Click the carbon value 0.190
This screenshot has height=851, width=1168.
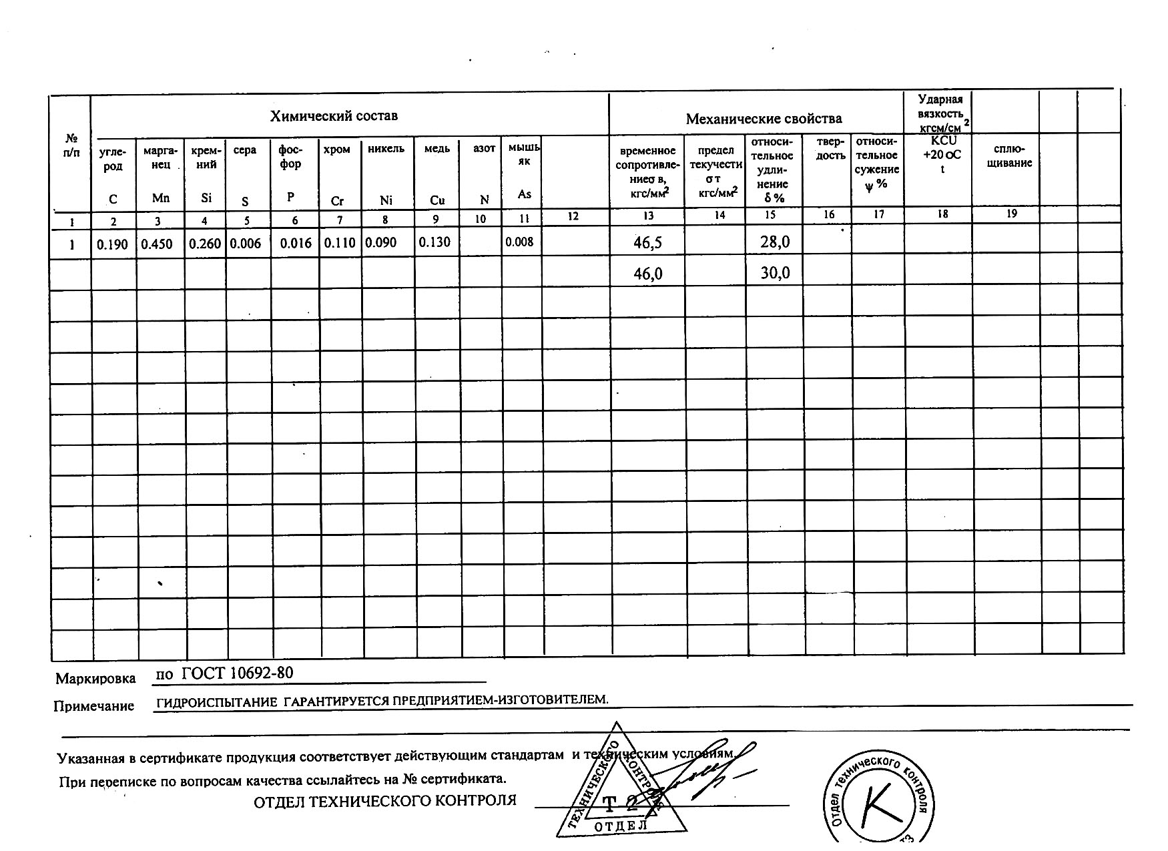click(x=112, y=244)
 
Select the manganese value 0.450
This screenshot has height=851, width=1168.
click(x=158, y=244)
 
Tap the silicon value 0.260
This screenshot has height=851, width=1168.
click(x=204, y=244)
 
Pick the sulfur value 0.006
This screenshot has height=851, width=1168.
click(x=246, y=244)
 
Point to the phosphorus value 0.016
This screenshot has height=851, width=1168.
click(x=296, y=243)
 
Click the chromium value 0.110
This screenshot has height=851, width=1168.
click(x=340, y=242)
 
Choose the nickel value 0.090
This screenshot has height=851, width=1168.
click(x=381, y=242)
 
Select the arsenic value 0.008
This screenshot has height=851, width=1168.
click(x=519, y=242)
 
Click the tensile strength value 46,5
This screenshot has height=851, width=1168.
click(x=647, y=243)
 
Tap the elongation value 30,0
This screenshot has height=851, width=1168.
click(x=775, y=273)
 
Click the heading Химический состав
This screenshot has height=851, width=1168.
click(x=334, y=116)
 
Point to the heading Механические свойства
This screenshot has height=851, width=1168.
click(x=764, y=119)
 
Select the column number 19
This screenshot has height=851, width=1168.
click(x=1012, y=214)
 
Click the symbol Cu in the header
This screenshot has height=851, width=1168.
click(x=437, y=200)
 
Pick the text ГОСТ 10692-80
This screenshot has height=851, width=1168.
click(x=237, y=672)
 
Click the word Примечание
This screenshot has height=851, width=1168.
click(x=93, y=706)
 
